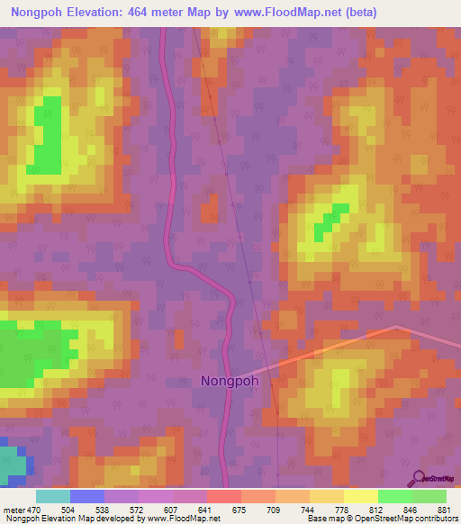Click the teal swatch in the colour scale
coord(53,497)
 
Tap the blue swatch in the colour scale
coord(87,497)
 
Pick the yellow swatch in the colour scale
coord(360,497)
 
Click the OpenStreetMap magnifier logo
coord(419,477)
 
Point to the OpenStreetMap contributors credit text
coord(396,519)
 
